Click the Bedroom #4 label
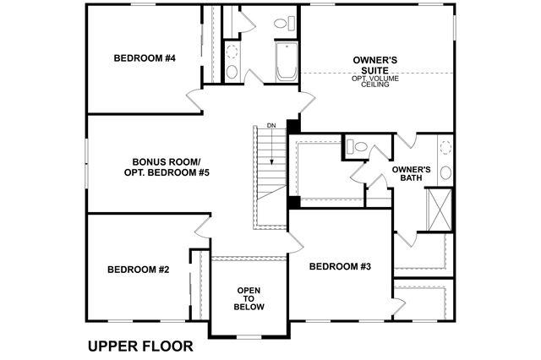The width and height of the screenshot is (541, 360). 145,58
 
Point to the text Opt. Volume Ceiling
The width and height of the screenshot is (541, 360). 375,81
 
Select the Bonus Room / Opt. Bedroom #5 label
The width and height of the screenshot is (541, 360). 167,167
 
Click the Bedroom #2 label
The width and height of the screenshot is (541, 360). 139,270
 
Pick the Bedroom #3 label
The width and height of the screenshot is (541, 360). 340,266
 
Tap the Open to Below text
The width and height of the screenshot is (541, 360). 249,298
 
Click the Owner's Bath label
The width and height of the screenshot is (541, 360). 412,174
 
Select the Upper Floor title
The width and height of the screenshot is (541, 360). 140,346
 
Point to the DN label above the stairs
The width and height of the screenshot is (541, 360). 271,126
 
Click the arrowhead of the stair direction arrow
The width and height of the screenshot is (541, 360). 272,161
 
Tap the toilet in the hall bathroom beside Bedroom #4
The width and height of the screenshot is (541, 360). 285,24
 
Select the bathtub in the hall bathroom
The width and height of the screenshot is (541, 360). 287,62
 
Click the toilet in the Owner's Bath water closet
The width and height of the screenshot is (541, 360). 357,146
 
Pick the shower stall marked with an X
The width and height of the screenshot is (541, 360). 440,210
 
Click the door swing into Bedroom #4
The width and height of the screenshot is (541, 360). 195,99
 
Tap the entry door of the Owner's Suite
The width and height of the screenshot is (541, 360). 307,101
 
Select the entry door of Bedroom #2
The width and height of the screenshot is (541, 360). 203,226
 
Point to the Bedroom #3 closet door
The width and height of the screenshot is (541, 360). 398,305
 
